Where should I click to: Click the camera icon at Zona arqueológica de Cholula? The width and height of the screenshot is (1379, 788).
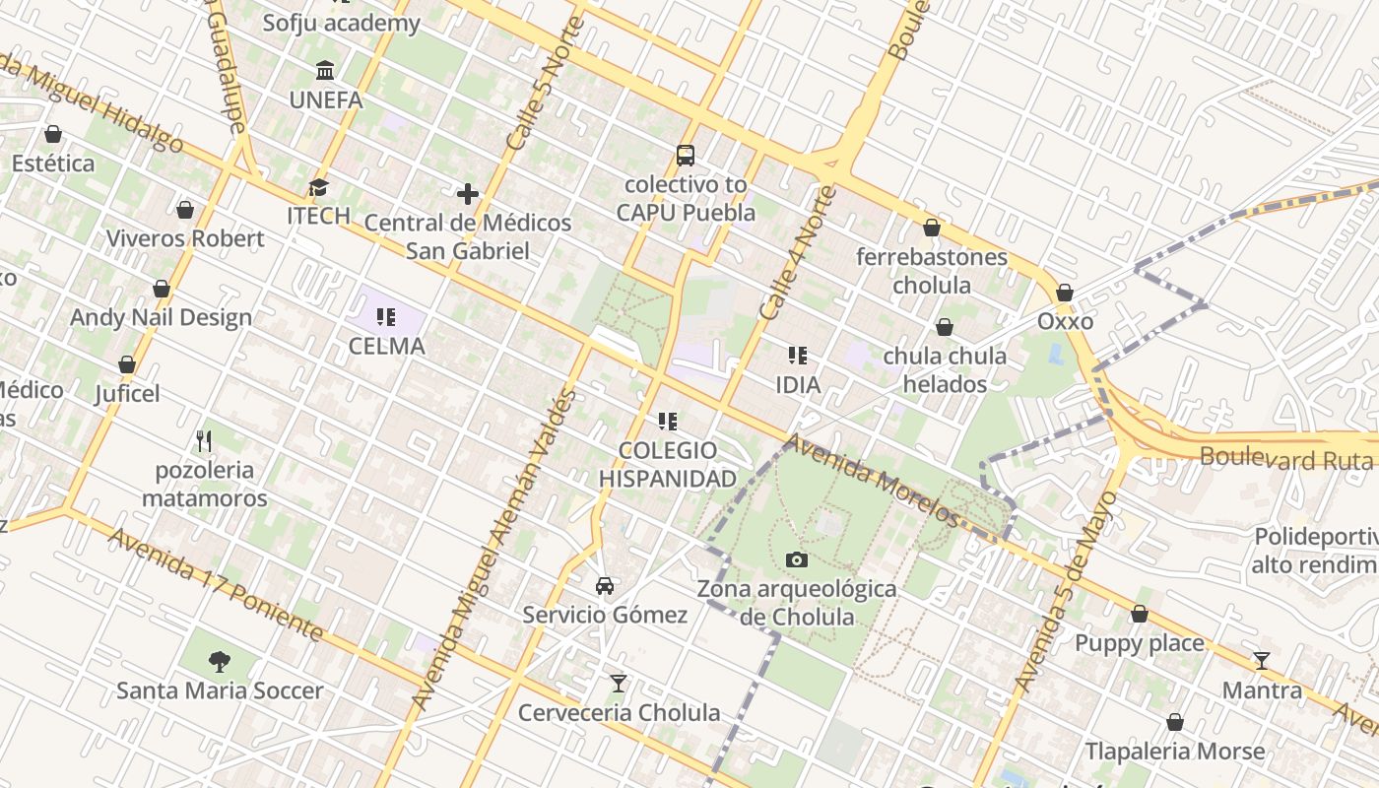tap(797, 559)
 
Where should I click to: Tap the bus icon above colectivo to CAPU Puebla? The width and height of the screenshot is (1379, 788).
tap(685, 155)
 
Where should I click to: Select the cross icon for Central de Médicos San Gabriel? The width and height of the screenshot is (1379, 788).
tap(468, 194)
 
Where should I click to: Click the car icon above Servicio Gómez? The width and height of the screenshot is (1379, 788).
tap(605, 585)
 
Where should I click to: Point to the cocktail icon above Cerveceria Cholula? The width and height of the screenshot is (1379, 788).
tap(619, 683)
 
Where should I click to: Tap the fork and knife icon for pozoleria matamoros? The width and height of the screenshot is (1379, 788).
tap(204, 440)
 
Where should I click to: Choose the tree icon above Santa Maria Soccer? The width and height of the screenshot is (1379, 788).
tap(220, 661)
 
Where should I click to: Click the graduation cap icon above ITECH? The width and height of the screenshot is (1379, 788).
tap(318, 187)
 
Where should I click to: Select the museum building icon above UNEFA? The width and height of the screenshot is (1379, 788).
tap(325, 70)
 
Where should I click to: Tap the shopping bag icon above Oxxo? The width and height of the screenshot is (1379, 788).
tap(1064, 293)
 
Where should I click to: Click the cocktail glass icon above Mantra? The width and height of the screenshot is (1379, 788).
tap(1262, 661)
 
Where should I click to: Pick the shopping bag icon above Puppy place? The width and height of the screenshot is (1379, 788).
tap(1140, 614)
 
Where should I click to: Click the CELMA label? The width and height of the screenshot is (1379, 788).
tap(387, 347)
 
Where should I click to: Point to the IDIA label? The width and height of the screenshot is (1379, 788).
tap(798, 384)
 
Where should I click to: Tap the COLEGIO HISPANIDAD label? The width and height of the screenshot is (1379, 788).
tap(668, 465)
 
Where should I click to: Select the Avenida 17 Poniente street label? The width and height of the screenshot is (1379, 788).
tap(216, 583)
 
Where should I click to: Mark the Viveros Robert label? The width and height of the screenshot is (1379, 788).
tap(185, 238)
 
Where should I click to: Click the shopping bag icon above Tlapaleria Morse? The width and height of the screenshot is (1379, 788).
tap(1174, 722)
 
